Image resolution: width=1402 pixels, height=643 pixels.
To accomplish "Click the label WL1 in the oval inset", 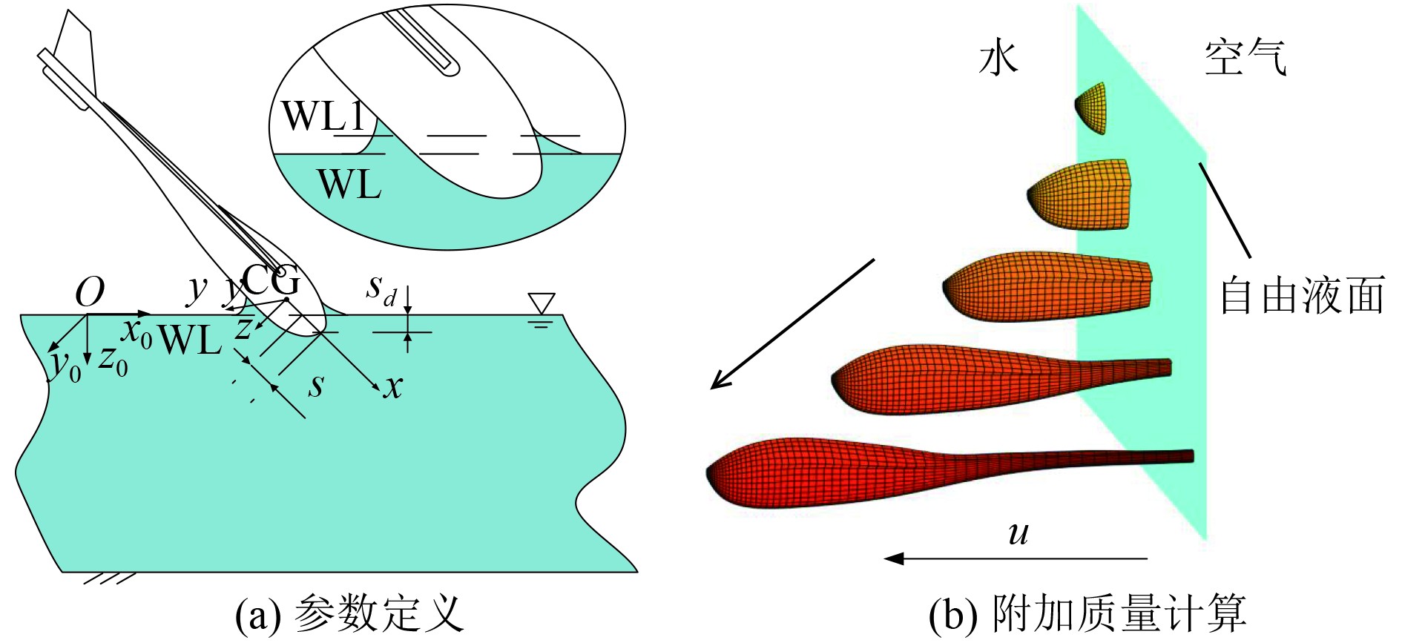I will (324, 116).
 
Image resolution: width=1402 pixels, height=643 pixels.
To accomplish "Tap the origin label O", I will (90, 292).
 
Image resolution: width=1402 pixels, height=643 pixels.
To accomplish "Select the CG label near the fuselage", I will (271, 280).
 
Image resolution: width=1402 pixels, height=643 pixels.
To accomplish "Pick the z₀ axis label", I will (113, 360).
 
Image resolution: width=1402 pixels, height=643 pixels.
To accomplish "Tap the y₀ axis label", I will (65, 364).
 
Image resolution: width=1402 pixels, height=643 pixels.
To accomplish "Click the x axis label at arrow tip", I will (393, 386).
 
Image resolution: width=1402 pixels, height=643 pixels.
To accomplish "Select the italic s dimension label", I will (317, 385).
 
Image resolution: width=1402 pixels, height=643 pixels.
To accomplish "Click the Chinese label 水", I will (998, 58).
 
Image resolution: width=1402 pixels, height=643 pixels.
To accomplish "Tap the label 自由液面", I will (1303, 295).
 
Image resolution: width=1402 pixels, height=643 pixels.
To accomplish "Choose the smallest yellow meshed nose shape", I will (1091, 108).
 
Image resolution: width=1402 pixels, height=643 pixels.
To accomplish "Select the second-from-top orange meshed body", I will (1080, 194).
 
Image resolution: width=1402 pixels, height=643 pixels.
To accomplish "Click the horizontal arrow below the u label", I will (1016, 558).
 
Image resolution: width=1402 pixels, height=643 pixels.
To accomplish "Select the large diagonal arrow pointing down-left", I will (792, 324).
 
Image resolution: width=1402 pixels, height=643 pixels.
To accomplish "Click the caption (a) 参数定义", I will (349, 615).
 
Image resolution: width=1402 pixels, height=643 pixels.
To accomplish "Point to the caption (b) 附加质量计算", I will (1087, 615).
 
